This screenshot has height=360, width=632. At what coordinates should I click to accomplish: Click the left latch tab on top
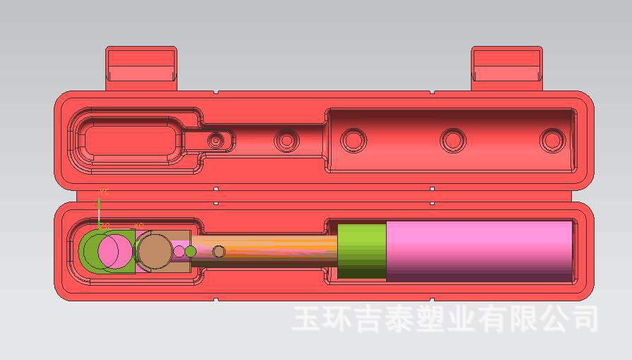[x=141, y=68]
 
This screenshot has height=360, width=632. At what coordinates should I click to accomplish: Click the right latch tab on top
[x=507, y=68]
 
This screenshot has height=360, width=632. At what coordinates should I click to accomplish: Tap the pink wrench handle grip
[x=479, y=251]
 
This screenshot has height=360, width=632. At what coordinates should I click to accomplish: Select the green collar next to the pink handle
[x=361, y=251]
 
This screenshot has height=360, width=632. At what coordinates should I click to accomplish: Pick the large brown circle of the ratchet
[x=153, y=250]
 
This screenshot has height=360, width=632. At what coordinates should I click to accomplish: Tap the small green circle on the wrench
[x=190, y=251]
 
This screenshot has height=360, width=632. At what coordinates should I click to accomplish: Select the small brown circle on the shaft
[x=219, y=251]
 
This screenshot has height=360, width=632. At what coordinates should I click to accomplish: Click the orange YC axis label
[x=104, y=192]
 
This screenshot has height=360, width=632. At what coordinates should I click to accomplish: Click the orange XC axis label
[x=139, y=226]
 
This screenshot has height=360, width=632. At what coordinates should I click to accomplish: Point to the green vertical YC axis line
[x=99, y=212]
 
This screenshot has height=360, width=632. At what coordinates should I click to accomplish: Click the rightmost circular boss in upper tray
[x=552, y=140]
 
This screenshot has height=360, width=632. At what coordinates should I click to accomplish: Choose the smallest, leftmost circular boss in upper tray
[x=216, y=141]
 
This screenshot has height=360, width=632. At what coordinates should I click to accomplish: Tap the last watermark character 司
[x=584, y=319]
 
